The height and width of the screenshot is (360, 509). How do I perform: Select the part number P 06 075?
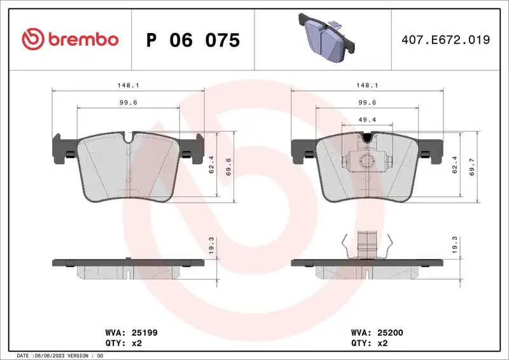(x=193, y=40)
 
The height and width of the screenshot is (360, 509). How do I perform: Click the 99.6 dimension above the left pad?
(x=128, y=102)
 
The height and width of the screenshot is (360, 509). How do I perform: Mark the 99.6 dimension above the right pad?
(x=368, y=102)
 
